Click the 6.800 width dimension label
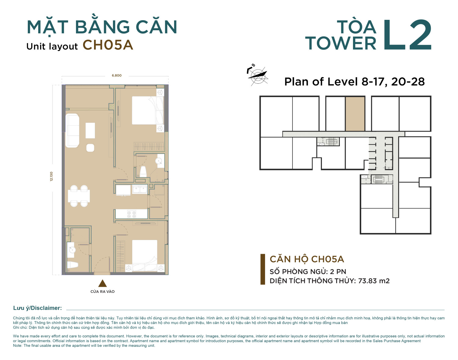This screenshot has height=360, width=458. pos(117,75)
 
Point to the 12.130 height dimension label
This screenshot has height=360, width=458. pos(51,176)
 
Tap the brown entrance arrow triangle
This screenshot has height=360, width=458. pos(102,283)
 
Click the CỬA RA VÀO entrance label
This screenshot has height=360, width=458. pos(102,292)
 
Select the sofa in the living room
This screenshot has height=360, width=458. pos(72,130)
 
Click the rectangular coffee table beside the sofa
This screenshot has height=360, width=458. pos(90,131)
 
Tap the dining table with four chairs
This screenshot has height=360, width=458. pos(79,196)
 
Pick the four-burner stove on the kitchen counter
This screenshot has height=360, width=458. pos(132,214)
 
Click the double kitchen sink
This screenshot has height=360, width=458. pos(140,189)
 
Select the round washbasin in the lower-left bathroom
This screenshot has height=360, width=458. pos(72,250)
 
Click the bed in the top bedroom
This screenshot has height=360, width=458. pos(148,110)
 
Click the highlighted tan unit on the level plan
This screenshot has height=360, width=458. pos(355,114)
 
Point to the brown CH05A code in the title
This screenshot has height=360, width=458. pos(108,45)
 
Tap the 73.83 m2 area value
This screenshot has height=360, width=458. pos(374,281)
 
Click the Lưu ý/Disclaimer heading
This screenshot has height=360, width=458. pos(38,308)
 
